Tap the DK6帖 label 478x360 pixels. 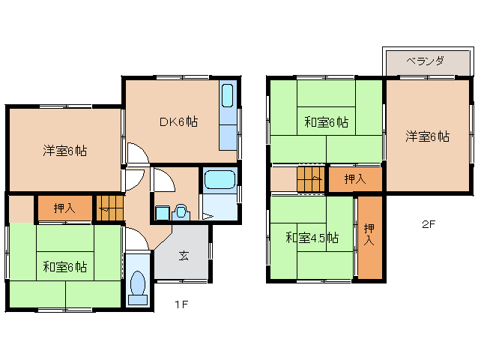click(x=178, y=121)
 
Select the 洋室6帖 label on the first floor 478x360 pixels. click(x=64, y=150)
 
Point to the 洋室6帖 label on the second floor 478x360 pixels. click(x=428, y=136)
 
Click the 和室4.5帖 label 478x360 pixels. click(x=312, y=238)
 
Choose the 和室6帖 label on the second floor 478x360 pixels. click(x=326, y=121)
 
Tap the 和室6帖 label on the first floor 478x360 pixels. click(x=64, y=266)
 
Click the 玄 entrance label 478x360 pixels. click(x=183, y=256)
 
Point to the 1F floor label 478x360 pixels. click(x=181, y=304)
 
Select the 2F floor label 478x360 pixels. click(x=428, y=223)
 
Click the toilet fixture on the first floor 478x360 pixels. click(x=137, y=285)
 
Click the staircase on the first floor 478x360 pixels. click(x=109, y=207)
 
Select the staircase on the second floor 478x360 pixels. click(x=310, y=180)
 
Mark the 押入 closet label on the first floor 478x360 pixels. click(x=64, y=208)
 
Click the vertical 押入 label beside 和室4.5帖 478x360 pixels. click(x=368, y=235)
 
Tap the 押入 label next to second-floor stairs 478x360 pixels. click(x=355, y=179)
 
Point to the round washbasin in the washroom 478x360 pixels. click(x=180, y=211)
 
